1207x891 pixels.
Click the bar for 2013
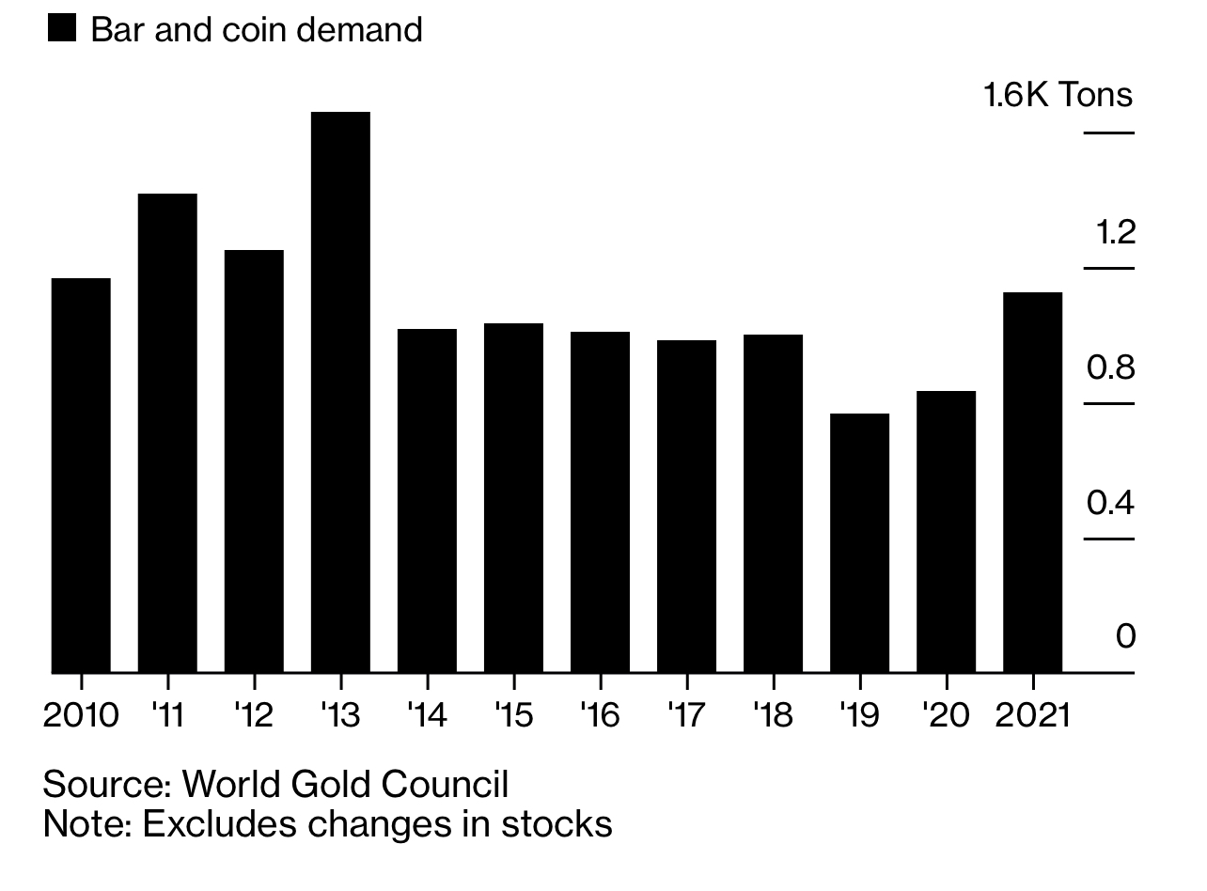(340, 393)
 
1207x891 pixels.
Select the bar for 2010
(81, 476)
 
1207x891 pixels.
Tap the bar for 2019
(859, 543)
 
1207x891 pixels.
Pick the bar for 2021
(1032, 483)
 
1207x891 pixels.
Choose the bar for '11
(167, 433)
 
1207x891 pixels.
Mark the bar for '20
(946, 532)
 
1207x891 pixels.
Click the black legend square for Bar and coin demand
(62, 29)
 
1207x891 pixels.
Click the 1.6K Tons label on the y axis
(1058, 95)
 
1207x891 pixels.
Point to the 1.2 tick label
(1116, 231)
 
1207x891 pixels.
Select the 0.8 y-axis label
(1110, 367)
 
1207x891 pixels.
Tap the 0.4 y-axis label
(1110, 503)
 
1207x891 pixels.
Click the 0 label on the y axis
(1125, 636)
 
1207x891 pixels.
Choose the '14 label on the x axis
(427, 715)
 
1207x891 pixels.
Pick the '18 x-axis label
(773, 715)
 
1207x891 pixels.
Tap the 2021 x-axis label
(1032, 715)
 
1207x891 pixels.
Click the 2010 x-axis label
(81, 715)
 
